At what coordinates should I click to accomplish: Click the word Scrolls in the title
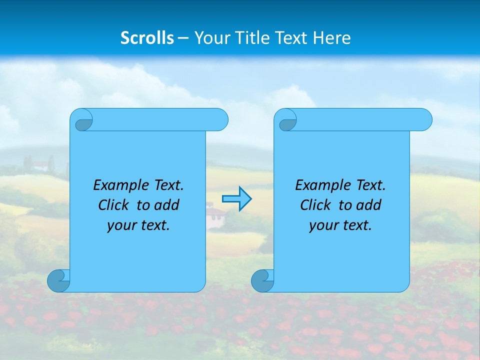click(147, 38)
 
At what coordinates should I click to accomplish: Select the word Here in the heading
click(331, 38)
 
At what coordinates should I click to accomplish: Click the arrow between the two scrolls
click(236, 199)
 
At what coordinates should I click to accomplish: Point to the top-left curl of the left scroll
click(82, 120)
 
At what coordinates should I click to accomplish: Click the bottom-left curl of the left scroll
click(58, 280)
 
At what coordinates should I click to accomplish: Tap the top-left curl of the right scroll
click(286, 120)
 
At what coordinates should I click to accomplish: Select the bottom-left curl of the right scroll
click(262, 280)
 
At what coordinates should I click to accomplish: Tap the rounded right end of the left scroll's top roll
click(220, 120)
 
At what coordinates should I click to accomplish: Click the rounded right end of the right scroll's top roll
click(424, 120)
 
